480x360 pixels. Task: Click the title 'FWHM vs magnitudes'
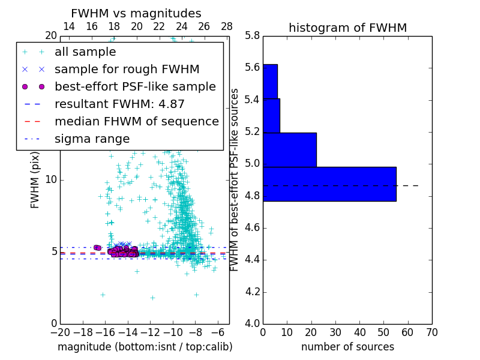pyautogui.click(x=136, y=13)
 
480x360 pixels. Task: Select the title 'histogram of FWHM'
pyautogui.click(x=347, y=28)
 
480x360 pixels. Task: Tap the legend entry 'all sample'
pyautogui.click(x=85, y=52)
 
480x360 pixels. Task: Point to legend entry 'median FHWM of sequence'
pyautogui.click(x=136, y=122)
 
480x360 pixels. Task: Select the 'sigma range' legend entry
pyautogui.click(x=92, y=139)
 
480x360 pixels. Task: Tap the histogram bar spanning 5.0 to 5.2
pyautogui.click(x=289, y=149)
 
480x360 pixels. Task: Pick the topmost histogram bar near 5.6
pyautogui.click(x=270, y=81)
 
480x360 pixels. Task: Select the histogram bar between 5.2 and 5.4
pyautogui.click(x=271, y=115)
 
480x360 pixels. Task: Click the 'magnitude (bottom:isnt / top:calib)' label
pyautogui.click(x=145, y=347)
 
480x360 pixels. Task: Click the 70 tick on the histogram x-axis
pyautogui.click(x=431, y=332)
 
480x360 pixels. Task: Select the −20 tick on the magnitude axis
pyautogui.click(x=60, y=332)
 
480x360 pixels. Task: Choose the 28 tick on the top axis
pyautogui.click(x=227, y=26)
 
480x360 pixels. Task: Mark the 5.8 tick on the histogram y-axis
pyautogui.click(x=253, y=35)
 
